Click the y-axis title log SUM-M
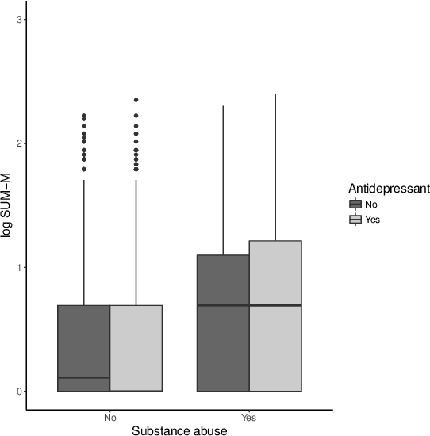(x=7, y=205)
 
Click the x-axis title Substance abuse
(x=179, y=430)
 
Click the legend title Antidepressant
(x=389, y=189)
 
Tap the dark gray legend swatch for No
(x=355, y=205)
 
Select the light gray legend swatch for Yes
(x=355, y=219)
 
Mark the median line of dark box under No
(x=84, y=377)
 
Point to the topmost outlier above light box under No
(x=136, y=100)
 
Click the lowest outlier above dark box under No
(x=84, y=169)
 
